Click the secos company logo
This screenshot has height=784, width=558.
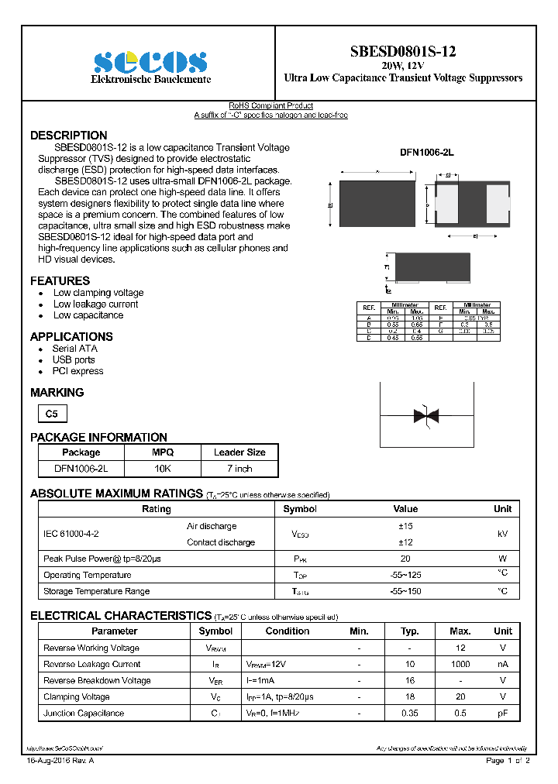pyautogui.click(x=150, y=63)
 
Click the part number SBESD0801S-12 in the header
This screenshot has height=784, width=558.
pyautogui.click(x=403, y=52)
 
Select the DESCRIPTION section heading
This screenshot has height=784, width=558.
pyautogui.click(x=69, y=136)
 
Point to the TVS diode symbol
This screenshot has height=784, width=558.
pyautogui.click(x=427, y=416)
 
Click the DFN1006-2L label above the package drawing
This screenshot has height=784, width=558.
pyautogui.click(x=426, y=153)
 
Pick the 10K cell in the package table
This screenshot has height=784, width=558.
pyautogui.click(x=163, y=469)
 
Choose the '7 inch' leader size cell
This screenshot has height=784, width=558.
pyautogui.click(x=239, y=469)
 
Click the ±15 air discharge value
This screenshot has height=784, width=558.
pyautogui.click(x=405, y=526)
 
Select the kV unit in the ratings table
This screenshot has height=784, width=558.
pyautogui.click(x=502, y=535)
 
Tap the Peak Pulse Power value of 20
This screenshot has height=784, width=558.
pyautogui.click(x=405, y=559)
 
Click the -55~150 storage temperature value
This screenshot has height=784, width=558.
pyautogui.click(x=405, y=591)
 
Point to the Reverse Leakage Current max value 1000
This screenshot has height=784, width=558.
pyautogui.click(x=460, y=664)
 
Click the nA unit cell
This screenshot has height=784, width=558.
pyautogui.click(x=502, y=664)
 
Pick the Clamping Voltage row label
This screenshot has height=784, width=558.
pyautogui.click(x=77, y=696)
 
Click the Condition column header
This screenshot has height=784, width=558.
pyautogui.click(x=287, y=631)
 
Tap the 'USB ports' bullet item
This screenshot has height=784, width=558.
pyautogui.click(x=74, y=359)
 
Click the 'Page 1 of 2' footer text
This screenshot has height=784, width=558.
pyautogui.click(x=508, y=761)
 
